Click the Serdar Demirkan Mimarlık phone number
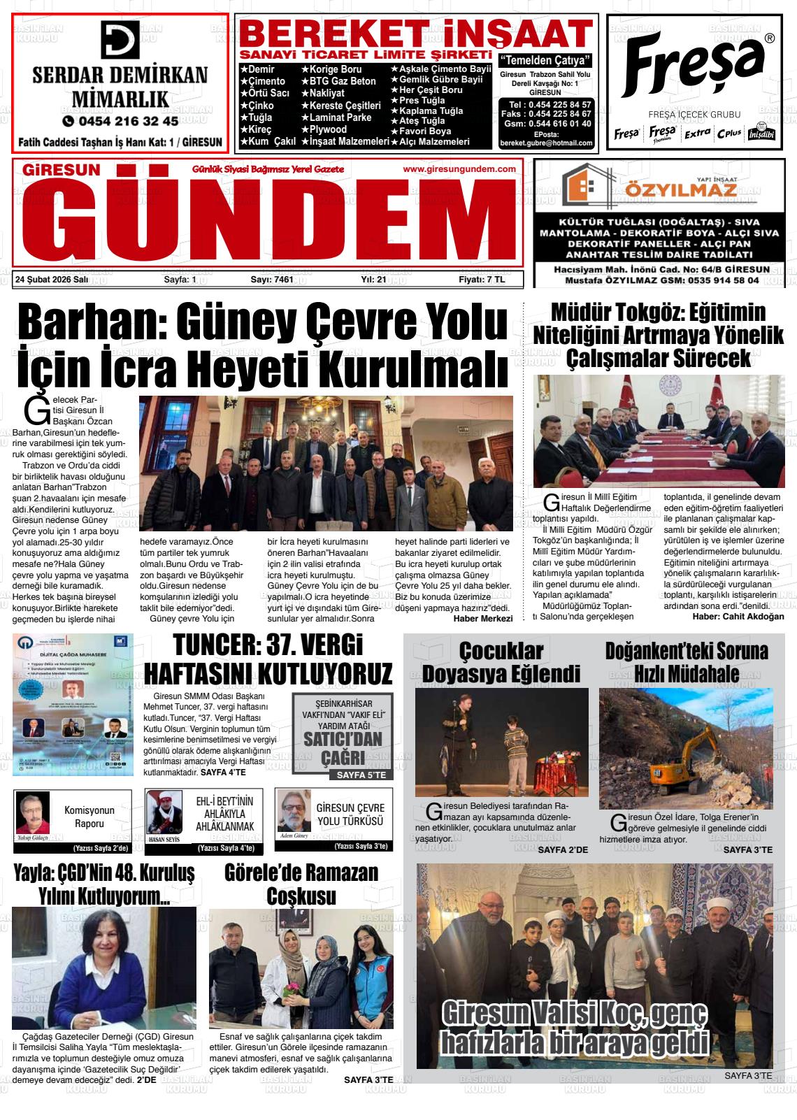(120, 121)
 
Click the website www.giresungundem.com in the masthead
(459, 169)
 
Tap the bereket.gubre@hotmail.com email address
(546, 143)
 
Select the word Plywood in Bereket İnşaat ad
(328, 129)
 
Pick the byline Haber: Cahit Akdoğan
(738, 616)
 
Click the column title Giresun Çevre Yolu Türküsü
(350, 814)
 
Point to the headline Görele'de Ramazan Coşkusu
(301, 884)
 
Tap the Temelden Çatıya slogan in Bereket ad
(546, 59)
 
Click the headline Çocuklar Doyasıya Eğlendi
(501, 661)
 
